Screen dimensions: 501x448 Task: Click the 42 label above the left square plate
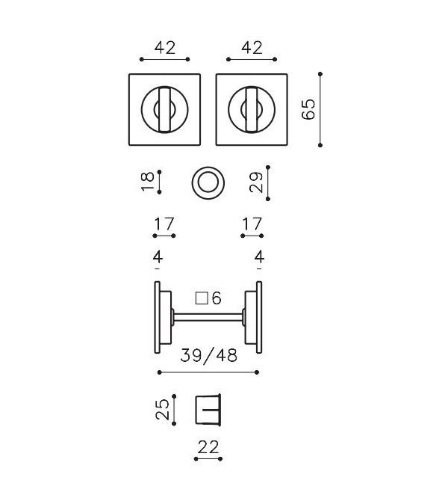click(x=164, y=48)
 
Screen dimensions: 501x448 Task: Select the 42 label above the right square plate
click(x=252, y=48)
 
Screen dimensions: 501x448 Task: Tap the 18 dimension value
click(x=149, y=179)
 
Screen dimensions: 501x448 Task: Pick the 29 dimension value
click(x=257, y=182)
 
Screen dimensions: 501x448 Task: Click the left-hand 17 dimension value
click(x=164, y=223)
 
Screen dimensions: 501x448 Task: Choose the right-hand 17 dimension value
click(x=252, y=223)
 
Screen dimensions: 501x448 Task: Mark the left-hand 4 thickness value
click(x=158, y=257)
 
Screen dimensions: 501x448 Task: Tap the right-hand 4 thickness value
click(x=259, y=257)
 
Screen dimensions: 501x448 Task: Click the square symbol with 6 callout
click(x=208, y=298)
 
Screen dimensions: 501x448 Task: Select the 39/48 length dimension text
click(x=209, y=356)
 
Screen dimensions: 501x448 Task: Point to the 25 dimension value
click(x=163, y=409)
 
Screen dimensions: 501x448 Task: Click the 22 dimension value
click(x=209, y=447)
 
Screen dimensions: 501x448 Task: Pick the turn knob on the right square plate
click(x=252, y=110)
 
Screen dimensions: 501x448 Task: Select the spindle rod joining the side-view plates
click(x=209, y=319)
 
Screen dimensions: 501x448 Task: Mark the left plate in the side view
click(x=158, y=319)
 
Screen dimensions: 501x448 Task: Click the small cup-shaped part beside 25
click(x=209, y=409)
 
